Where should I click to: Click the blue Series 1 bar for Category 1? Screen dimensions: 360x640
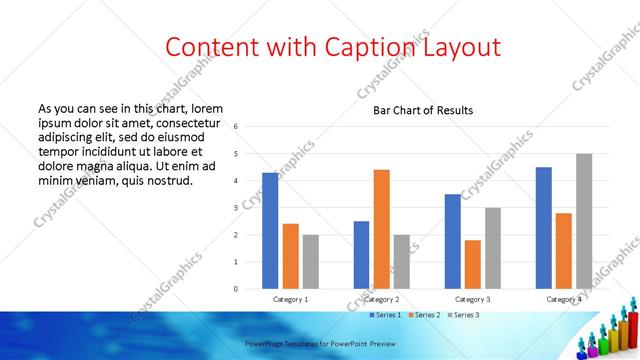pyautogui.click(x=270, y=231)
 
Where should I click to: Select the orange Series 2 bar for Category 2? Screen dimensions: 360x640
pyautogui.click(x=382, y=229)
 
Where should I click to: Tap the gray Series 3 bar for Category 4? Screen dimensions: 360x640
pyautogui.click(x=584, y=221)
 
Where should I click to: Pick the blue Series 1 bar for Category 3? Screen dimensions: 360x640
pyautogui.click(x=453, y=241)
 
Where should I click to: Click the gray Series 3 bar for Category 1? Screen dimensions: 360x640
pyautogui.click(x=310, y=262)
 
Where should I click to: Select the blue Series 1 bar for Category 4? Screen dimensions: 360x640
pyautogui.click(x=544, y=228)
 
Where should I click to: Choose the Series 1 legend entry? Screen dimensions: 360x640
pyautogui.click(x=386, y=315)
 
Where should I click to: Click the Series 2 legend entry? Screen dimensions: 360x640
pyautogui.click(x=426, y=315)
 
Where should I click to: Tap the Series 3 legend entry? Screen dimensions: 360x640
pyautogui.click(x=466, y=315)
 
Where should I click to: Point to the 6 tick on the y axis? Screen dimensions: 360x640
pyautogui.click(x=236, y=127)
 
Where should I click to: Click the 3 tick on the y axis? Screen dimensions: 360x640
pyautogui.click(x=236, y=208)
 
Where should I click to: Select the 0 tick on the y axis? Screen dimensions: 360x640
pyautogui.click(x=236, y=289)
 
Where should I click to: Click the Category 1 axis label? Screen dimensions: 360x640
pyautogui.click(x=291, y=299)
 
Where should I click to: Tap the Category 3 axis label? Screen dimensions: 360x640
pyautogui.click(x=473, y=299)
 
